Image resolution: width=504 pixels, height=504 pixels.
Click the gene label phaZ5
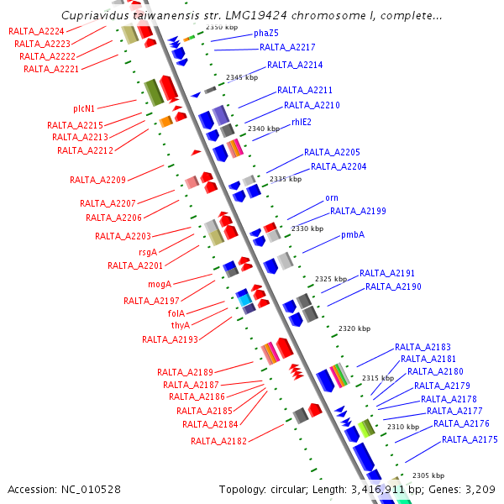[266, 34]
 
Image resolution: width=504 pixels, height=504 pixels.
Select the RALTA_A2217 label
[287, 48]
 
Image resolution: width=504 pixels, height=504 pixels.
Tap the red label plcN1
[84, 108]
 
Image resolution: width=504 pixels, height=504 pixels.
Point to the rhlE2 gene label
[302, 122]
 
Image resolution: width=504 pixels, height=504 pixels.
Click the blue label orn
[332, 198]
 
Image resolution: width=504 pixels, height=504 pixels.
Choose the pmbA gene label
[353, 235]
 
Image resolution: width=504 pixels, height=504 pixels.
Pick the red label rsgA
[147, 251]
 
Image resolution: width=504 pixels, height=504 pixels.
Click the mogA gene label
[160, 284]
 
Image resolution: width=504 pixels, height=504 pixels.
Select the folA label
[176, 313]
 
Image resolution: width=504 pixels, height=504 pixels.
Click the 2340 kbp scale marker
[263, 129]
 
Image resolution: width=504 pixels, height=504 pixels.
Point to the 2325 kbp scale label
[330, 279]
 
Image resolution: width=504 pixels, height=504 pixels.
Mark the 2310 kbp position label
[402, 427]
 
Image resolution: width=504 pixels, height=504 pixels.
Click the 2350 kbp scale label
[222, 27]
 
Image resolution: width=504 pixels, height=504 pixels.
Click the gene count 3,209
[480, 489]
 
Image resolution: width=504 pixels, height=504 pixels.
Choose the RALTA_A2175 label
[470, 439]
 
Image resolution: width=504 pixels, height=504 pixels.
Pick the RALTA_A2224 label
[36, 31]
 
